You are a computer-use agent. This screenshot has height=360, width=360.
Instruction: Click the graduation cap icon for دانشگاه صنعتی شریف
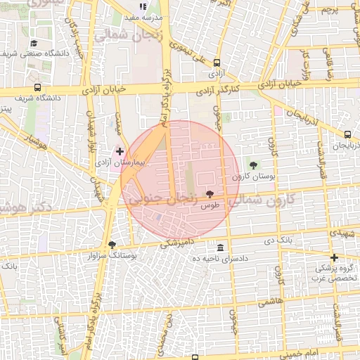click(x=33, y=44)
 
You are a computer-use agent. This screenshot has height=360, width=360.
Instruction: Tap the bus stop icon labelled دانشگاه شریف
click(x=37, y=88)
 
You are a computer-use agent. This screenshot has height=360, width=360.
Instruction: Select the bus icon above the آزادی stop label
click(x=217, y=62)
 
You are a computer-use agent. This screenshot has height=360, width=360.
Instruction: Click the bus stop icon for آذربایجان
click(x=348, y=134)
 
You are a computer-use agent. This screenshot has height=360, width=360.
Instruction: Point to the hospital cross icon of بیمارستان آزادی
click(x=120, y=151)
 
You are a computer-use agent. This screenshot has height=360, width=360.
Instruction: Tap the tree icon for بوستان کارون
click(x=253, y=165)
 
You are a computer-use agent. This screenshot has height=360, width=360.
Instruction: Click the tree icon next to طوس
click(x=210, y=193)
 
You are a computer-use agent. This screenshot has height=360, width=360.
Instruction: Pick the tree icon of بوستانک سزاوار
click(x=112, y=245)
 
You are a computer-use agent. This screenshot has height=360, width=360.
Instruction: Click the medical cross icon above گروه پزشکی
click(x=334, y=257)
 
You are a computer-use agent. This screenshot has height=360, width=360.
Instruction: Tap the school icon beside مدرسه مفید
click(x=143, y=6)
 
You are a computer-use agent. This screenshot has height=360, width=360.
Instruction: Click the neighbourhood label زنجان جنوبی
click(x=162, y=200)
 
